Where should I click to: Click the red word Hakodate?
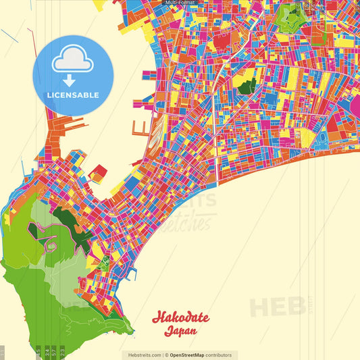[x=180, y=317]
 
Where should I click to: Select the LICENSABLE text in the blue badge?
[x=73, y=95]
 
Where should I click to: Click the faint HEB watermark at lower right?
[x=277, y=307]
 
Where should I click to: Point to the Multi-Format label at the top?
[x=180, y=3]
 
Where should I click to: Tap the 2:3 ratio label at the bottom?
[x=63, y=351]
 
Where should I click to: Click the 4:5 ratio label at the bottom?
[x=38, y=351]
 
